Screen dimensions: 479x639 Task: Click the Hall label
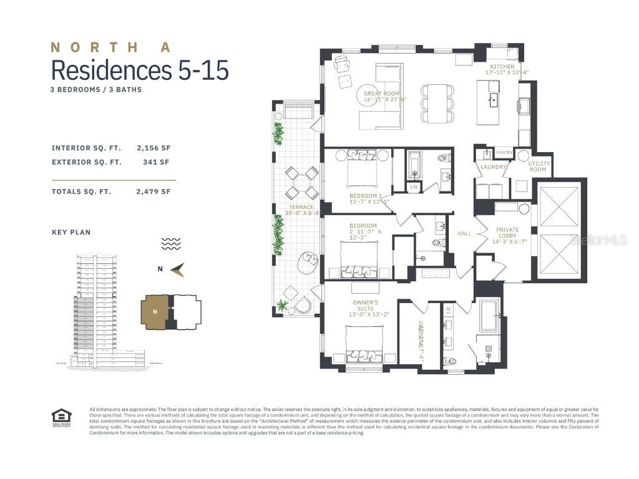(x=464, y=233)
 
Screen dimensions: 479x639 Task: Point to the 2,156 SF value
(x=153, y=148)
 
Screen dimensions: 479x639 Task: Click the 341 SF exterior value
(x=156, y=162)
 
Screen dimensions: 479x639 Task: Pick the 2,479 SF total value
(x=153, y=191)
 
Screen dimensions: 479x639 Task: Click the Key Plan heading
(x=71, y=232)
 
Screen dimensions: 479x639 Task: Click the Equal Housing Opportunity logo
(x=61, y=416)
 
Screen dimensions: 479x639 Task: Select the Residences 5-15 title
(x=140, y=70)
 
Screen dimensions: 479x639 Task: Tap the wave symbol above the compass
(x=170, y=244)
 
